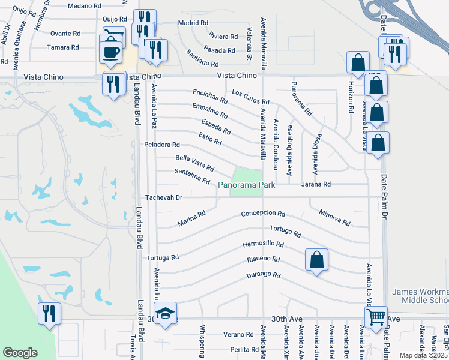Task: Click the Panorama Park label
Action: click(x=247, y=185)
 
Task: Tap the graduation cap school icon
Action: click(x=165, y=313)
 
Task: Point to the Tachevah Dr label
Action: click(x=164, y=197)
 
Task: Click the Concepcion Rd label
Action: click(x=263, y=214)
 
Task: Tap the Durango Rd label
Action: click(x=264, y=276)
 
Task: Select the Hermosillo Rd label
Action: click(x=262, y=244)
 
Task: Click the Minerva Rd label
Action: click(x=334, y=218)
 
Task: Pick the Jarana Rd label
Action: click(x=316, y=184)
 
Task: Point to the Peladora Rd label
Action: click(x=162, y=145)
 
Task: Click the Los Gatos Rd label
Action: click(x=250, y=98)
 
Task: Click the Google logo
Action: click(x=20, y=353)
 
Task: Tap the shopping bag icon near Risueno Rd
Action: click(x=316, y=261)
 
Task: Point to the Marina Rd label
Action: click(x=192, y=218)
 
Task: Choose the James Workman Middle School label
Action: click(x=420, y=296)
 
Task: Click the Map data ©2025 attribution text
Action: click(x=423, y=355)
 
